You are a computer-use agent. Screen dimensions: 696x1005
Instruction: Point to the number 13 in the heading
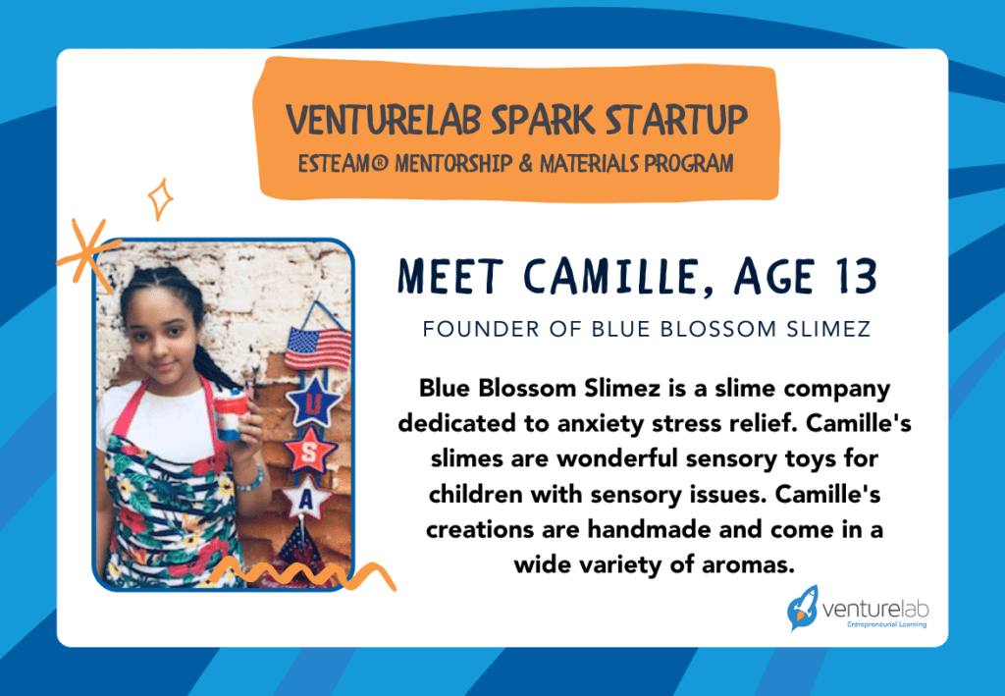(850, 278)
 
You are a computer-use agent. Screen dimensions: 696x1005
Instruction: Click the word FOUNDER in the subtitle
(465, 329)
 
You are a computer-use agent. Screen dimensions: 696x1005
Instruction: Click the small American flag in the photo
(317, 347)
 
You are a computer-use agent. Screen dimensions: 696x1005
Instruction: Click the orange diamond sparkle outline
(160, 200)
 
